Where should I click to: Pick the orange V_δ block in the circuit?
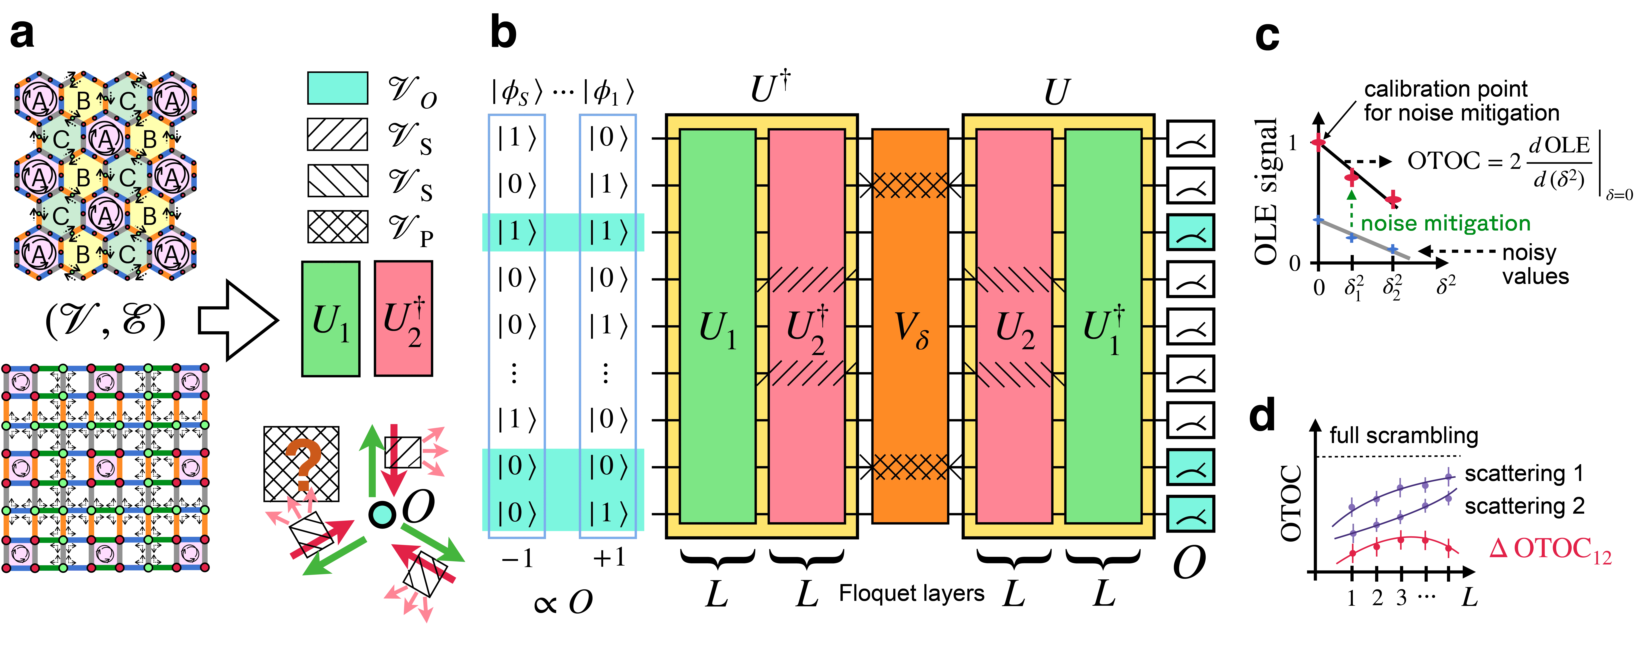pyautogui.click(x=910, y=326)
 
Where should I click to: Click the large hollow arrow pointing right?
pyautogui.click(x=238, y=320)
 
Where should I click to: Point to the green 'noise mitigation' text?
pyautogui.click(x=1445, y=223)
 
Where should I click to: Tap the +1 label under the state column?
pyautogui.click(x=608, y=558)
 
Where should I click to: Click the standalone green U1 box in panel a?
pyautogui.click(x=331, y=319)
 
